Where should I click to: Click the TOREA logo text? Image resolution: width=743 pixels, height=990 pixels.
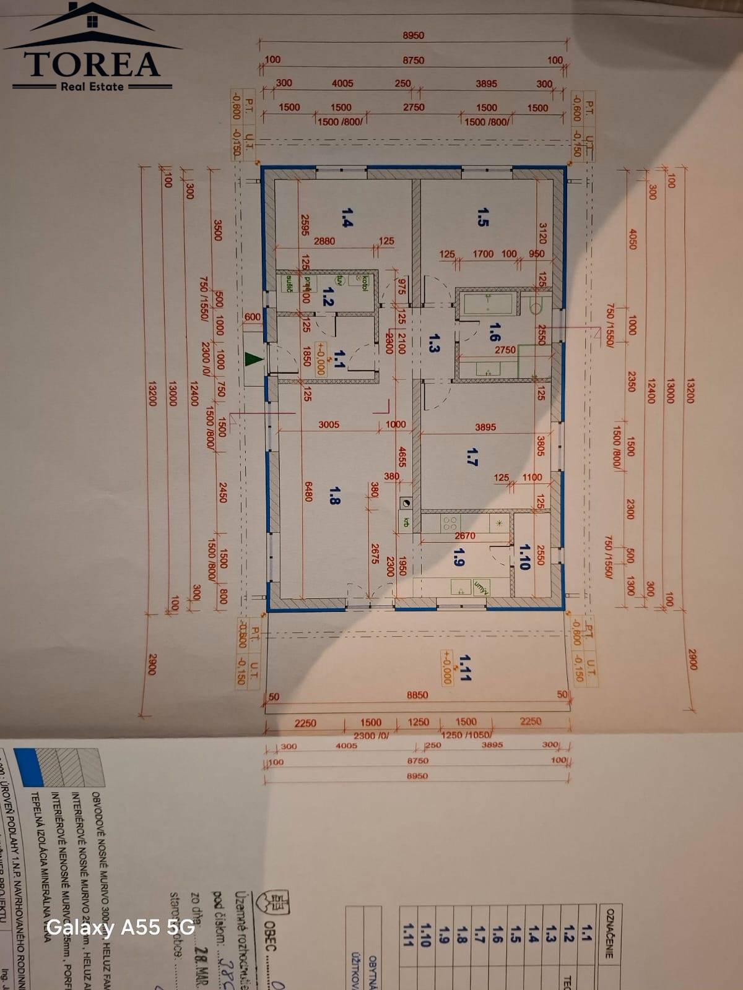tap(92, 64)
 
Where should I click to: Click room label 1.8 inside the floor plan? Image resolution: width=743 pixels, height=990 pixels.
tap(334, 495)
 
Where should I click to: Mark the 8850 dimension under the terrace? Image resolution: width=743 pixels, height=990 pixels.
tap(417, 695)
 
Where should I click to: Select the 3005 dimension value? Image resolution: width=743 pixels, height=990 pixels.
tap(329, 424)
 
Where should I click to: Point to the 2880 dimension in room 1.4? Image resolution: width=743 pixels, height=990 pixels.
tap(324, 241)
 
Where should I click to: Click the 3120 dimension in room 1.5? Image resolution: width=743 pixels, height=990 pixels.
tap(542, 234)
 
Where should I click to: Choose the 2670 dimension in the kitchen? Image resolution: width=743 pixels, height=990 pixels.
tap(465, 536)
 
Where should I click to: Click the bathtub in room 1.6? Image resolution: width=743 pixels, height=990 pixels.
tap(489, 303)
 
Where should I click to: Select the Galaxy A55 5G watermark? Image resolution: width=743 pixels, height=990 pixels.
tap(121, 927)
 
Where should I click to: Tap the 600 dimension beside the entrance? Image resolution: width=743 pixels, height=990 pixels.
tap(253, 317)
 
